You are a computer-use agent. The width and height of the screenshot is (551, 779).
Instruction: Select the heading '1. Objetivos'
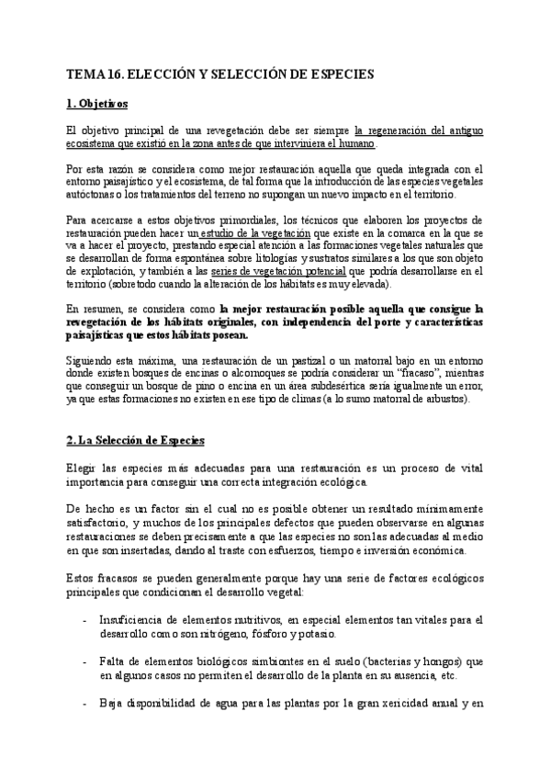click(98, 104)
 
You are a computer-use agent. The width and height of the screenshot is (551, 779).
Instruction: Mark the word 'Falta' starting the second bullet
click(116, 661)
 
